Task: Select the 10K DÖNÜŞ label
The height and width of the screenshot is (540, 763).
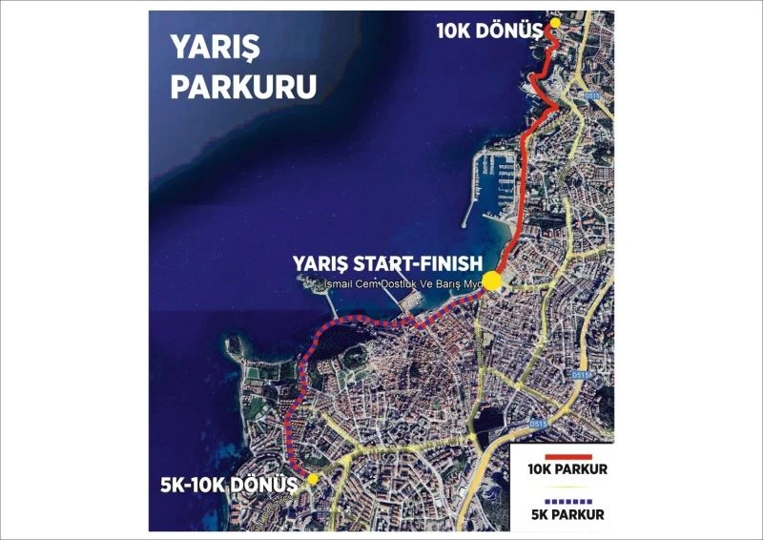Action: (x=488, y=31)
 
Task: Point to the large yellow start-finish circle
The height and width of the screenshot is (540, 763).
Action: (x=492, y=280)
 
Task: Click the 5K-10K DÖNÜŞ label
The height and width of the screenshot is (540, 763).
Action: (x=230, y=483)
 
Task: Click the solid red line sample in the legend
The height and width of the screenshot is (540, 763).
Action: (x=562, y=456)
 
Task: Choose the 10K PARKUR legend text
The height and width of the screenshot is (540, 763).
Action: (x=562, y=470)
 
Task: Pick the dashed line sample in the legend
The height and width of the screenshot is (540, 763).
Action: (x=562, y=500)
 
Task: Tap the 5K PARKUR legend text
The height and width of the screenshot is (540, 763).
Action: (x=562, y=514)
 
